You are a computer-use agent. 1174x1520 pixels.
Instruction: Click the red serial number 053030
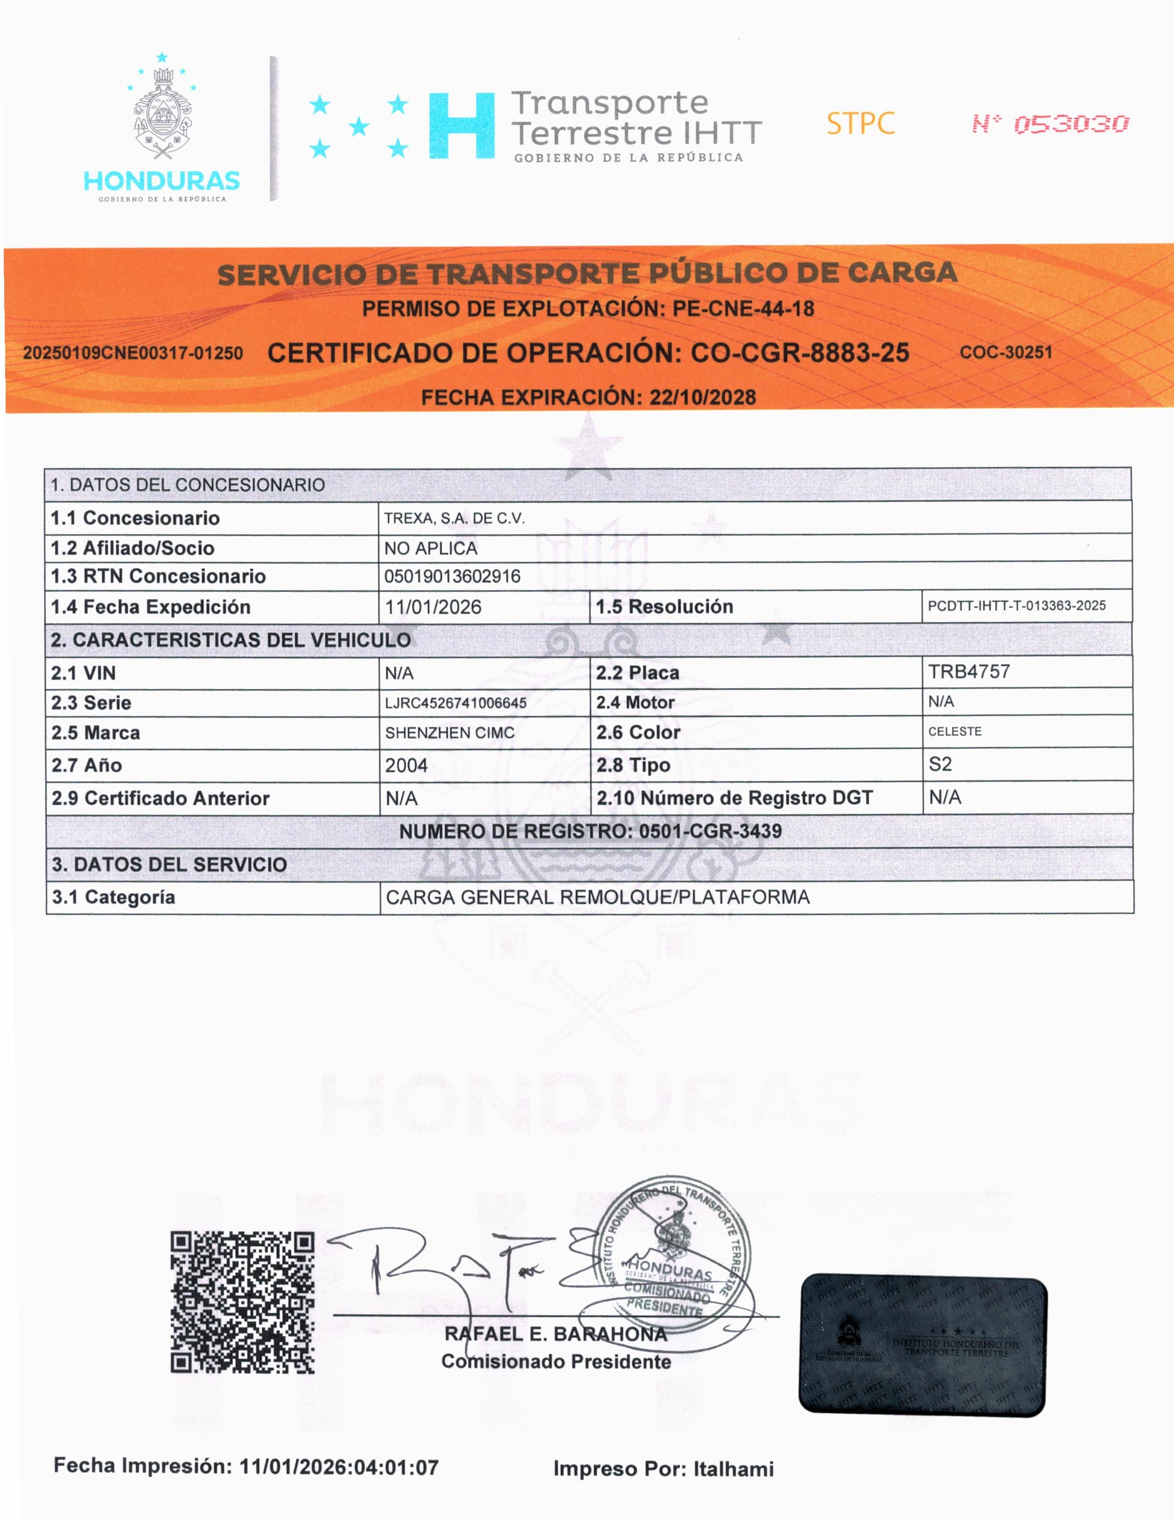click(1071, 125)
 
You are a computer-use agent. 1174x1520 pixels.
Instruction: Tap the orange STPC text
click(860, 124)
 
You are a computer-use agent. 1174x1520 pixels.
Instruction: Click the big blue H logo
click(462, 126)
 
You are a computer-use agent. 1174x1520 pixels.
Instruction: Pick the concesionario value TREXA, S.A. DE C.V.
click(454, 519)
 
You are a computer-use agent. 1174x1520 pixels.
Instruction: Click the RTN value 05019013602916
click(452, 576)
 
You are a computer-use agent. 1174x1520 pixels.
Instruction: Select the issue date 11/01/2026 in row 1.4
click(433, 607)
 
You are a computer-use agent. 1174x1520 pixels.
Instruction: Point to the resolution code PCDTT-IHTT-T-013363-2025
click(1016, 606)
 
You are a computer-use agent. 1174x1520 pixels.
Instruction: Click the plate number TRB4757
click(969, 672)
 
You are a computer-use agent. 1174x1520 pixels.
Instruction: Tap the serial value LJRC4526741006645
click(456, 703)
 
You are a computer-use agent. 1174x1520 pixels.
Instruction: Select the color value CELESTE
click(955, 731)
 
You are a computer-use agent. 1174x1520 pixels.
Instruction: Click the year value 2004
click(406, 766)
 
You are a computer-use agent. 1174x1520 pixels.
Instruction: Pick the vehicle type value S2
click(940, 764)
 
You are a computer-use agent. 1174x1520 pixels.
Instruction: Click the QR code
click(242, 1302)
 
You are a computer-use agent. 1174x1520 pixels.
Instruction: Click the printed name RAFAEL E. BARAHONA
click(555, 1334)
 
